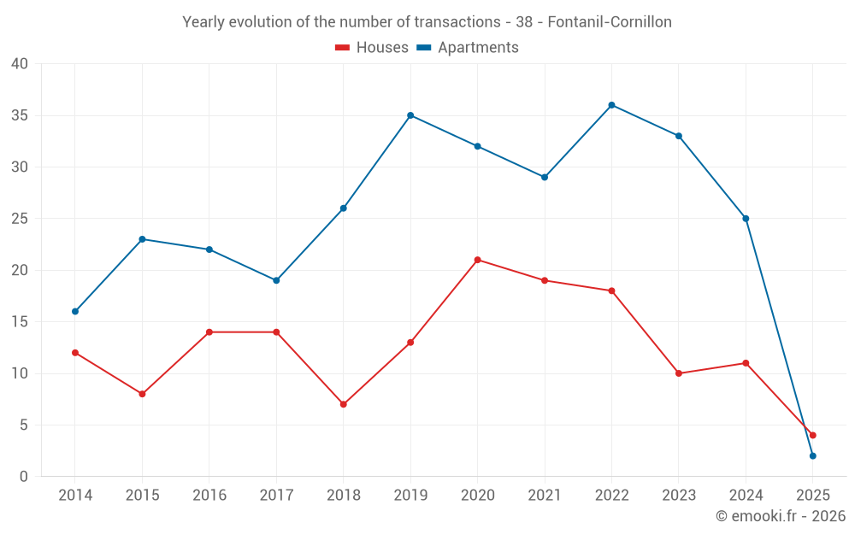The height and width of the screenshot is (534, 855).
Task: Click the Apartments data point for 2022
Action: [611, 105]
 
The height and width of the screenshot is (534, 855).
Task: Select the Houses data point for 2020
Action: [477, 260]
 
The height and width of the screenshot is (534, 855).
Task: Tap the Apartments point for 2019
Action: [410, 115]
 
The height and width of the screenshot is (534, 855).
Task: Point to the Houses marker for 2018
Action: [343, 404]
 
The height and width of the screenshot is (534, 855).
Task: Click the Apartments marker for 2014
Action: [75, 311]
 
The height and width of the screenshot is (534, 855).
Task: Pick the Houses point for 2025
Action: [812, 435]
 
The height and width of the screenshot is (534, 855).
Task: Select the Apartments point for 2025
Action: [812, 455]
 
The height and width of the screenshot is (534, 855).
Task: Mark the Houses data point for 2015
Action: [142, 394]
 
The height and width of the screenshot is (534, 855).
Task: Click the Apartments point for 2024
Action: [746, 219]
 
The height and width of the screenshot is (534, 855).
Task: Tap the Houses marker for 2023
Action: [679, 373]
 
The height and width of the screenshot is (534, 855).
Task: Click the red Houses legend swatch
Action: [342, 48]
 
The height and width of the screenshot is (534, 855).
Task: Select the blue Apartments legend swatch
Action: [423, 48]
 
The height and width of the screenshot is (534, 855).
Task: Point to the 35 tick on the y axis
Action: [19, 115]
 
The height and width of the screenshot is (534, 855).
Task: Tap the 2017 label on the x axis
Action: [276, 496]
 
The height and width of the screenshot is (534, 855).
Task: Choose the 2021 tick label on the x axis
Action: [545, 496]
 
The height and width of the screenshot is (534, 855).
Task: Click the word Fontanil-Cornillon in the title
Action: [609, 22]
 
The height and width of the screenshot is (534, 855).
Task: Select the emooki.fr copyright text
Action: [781, 516]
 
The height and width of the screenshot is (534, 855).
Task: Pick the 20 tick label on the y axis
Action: [19, 270]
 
